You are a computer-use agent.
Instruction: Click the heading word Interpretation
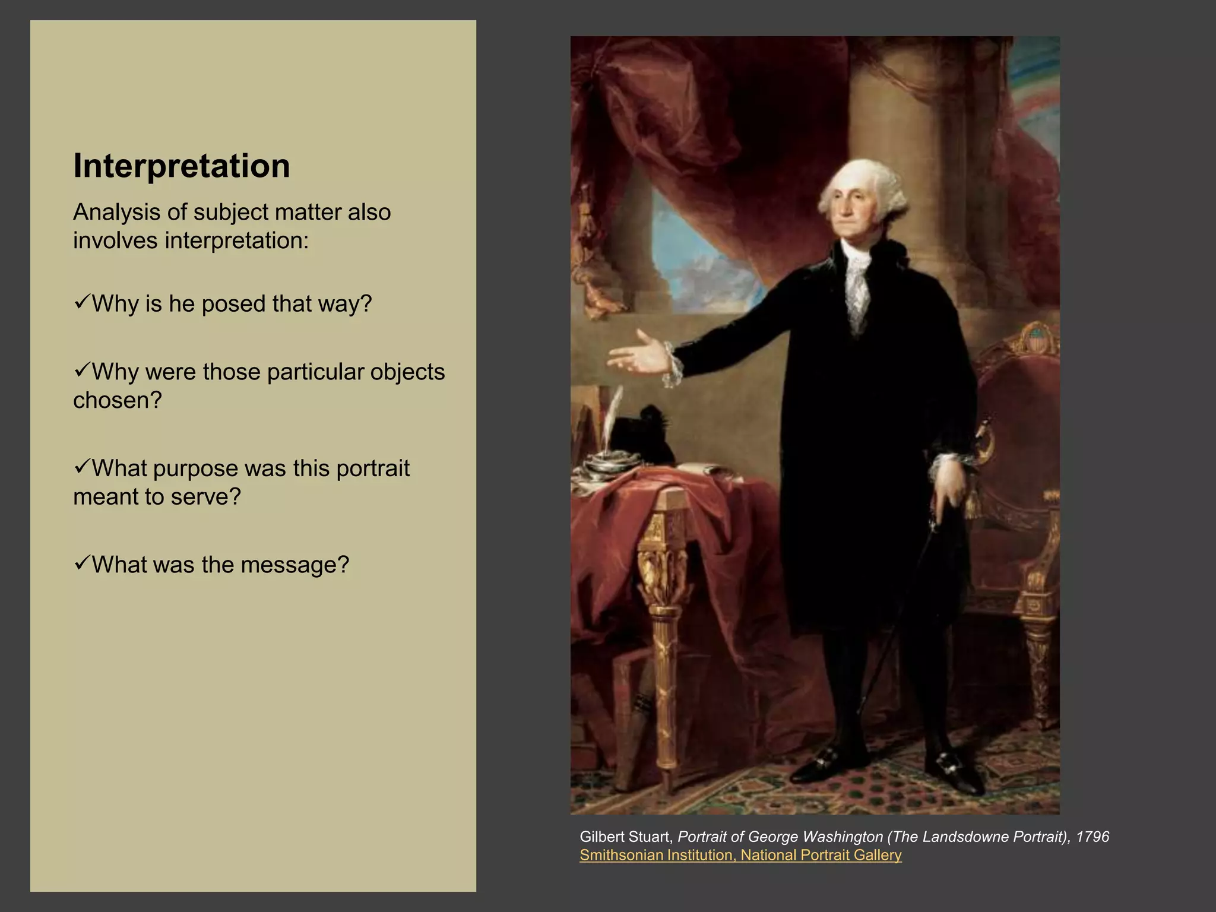click(x=181, y=166)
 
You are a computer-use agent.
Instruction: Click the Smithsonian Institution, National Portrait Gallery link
click(x=740, y=855)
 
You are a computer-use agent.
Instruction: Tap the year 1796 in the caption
click(x=1092, y=837)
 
